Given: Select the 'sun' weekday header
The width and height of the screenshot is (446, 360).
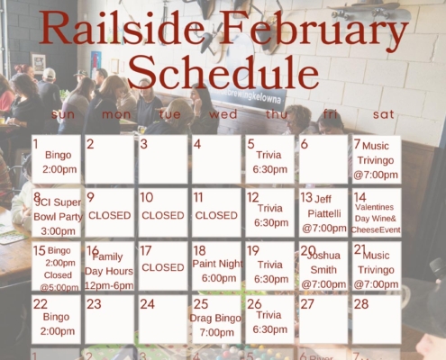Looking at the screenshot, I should click(x=64, y=114).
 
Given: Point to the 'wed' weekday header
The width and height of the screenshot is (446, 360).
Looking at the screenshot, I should click(x=223, y=114).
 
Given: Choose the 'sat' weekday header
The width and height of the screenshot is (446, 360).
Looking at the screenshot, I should click(x=383, y=114).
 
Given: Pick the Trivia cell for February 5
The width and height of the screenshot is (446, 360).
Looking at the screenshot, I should click(x=269, y=159).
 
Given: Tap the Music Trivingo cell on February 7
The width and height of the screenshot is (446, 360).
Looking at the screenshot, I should click(x=377, y=159).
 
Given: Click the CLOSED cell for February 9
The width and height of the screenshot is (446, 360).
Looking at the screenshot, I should click(x=109, y=212).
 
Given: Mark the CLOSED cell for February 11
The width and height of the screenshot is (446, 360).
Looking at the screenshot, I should click(x=216, y=212).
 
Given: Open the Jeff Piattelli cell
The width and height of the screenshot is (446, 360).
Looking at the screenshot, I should click(x=323, y=212).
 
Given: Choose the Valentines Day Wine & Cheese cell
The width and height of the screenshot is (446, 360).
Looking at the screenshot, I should click(x=377, y=212).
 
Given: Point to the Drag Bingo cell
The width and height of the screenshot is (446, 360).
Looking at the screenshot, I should click(x=216, y=319).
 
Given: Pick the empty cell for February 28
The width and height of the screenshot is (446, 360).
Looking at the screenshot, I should click(x=377, y=319).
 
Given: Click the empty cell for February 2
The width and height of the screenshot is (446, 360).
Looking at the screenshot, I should click(x=109, y=159).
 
